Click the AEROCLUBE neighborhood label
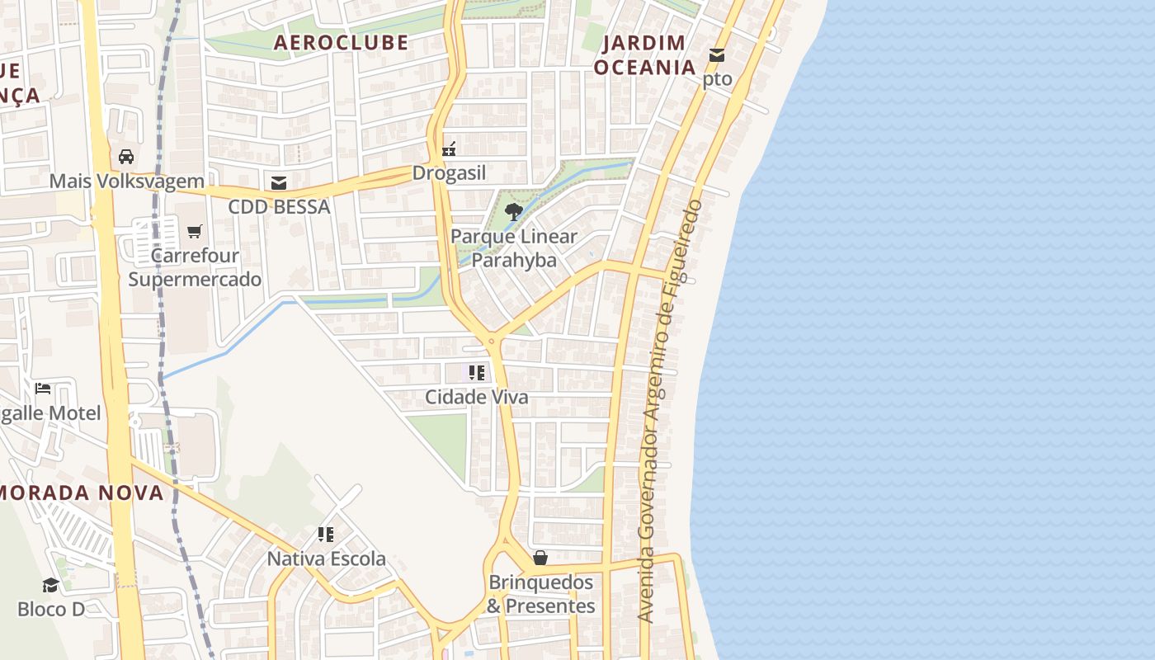pos(341,42)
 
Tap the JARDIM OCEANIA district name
pos(644,54)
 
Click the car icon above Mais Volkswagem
pos(126,156)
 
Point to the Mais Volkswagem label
pos(126,181)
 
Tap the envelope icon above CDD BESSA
pos(279,182)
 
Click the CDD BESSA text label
pos(279,206)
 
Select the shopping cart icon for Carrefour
pos(195,232)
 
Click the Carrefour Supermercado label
pos(195,267)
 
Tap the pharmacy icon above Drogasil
pos(449,149)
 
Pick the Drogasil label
pos(449,173)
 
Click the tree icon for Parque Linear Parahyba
pos(513,212)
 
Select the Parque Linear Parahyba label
pos(513,248)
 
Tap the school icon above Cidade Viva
pos(476,373)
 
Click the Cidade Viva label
pos(476,397)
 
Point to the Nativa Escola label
pos(326,559)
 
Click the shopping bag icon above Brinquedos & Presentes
pos(540,559)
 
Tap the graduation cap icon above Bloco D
pos(51,585)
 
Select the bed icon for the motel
pos(43,389)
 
